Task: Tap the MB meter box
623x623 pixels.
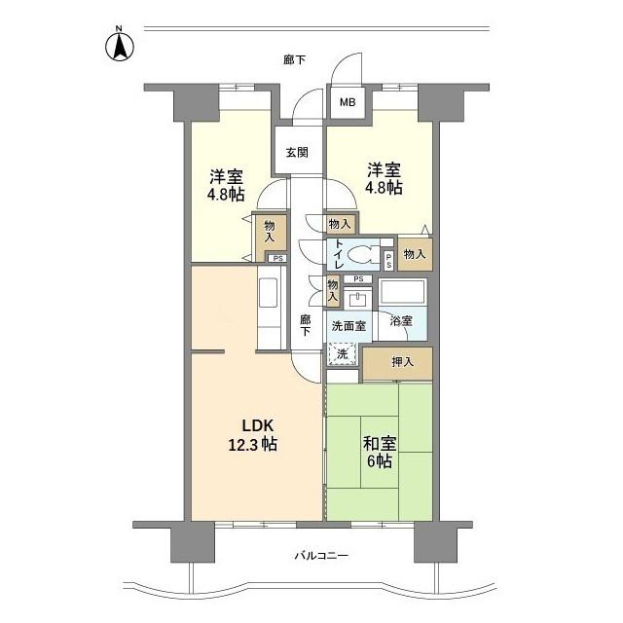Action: click(348, 101)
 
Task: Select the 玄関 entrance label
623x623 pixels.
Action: click(298, 152)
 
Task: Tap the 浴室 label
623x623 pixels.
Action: click(401, 319)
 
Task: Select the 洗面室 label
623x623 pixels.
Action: click(348, 326)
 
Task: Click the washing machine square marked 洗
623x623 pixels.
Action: click(342, 355)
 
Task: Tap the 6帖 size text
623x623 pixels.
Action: click(380, 462)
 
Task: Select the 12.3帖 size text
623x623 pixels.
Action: click(253, 445)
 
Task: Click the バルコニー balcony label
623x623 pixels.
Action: click(321, 556)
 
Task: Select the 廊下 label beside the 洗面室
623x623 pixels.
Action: click(305, 325)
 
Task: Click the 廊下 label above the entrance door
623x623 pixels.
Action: click(294, 60)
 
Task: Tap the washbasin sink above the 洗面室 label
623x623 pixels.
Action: click(357, 296)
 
